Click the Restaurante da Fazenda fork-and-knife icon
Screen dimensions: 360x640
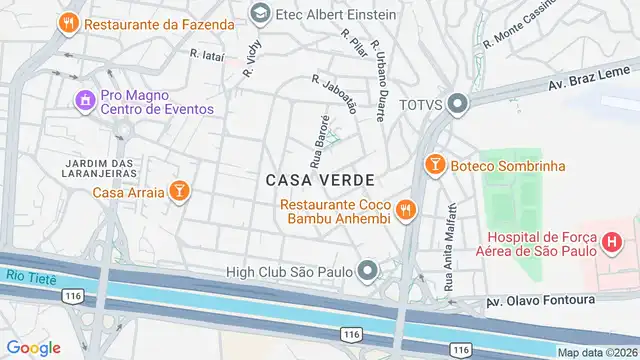68,21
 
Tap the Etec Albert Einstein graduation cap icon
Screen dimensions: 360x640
260,14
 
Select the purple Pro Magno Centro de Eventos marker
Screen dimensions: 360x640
84,100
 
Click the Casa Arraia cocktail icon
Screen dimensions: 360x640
178,191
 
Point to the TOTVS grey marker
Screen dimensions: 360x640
458,104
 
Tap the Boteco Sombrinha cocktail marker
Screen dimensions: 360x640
435,165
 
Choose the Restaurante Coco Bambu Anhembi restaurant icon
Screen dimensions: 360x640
405,209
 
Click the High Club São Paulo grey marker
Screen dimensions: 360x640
369,270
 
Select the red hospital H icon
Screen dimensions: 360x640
611,243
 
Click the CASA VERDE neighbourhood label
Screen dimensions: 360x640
320,180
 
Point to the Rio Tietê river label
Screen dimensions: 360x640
25,277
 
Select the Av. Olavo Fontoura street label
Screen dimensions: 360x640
540,300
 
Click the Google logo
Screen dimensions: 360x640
34,347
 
